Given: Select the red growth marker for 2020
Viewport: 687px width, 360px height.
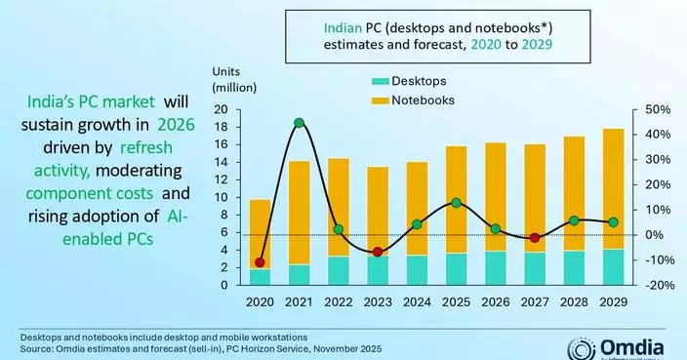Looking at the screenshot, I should point(260,262).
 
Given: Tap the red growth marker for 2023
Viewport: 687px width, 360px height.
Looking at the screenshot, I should point(377,253).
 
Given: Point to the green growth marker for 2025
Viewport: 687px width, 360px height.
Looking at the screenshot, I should point(456,203).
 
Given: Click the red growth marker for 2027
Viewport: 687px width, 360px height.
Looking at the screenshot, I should point(535,238).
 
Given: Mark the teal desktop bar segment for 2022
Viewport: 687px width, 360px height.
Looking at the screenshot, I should point(338,270).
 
